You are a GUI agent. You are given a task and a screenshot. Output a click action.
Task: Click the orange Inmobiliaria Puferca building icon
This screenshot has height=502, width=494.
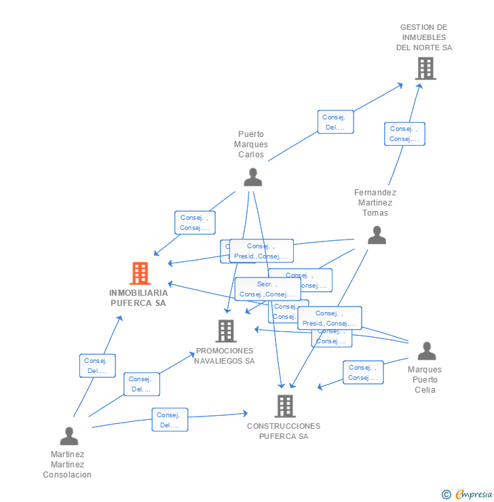click(x=140, y=273)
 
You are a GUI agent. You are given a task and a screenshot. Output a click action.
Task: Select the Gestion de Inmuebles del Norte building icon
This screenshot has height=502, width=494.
click(x=425, y=69)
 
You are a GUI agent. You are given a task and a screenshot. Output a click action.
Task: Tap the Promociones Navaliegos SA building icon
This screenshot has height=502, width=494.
click(x=225, y=331)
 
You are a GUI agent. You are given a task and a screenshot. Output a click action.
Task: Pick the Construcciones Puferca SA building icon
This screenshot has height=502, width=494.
click(x=285, y=406)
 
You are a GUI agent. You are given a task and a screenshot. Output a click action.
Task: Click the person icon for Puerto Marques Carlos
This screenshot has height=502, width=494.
click(x=252, y=177)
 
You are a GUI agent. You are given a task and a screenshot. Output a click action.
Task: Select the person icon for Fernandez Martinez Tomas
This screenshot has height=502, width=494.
click(x=377, y=235)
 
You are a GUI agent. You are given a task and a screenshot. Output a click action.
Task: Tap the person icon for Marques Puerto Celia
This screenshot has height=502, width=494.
click(x=426, y=351)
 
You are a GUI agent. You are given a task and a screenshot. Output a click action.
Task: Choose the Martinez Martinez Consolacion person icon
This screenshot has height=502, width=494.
click(x=69, y=436)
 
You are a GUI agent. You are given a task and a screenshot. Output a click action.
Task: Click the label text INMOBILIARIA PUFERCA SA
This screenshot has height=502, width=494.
click(x=138, y=298)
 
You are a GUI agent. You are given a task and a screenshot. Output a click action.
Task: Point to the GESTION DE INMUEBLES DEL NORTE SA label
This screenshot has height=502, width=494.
click(x=424, y=37)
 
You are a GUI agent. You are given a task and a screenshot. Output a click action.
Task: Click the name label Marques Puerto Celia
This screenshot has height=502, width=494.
click(x=425, y=380)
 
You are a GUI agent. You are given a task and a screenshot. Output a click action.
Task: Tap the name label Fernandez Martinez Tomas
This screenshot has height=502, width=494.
click(x=375, y=202)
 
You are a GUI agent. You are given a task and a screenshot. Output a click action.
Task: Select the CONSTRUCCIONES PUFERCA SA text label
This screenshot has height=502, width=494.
click(x=284, y=431)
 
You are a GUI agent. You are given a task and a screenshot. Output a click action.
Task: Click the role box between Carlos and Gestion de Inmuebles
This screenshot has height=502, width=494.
click(x=335, y=122)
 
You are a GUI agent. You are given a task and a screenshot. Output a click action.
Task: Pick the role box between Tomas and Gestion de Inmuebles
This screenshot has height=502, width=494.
click(x=404, y=134)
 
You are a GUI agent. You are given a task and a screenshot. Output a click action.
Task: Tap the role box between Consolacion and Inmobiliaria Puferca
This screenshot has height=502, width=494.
click(x=97, y=366)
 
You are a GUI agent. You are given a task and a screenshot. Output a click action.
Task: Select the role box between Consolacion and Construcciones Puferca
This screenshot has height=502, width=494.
click(x=170, y=420)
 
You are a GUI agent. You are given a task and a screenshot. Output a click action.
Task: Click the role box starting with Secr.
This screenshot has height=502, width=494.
click(x=267, y=289)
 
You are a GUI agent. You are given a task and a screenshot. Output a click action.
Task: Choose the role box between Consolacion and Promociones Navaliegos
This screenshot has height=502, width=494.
click(x=142, y=384)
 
